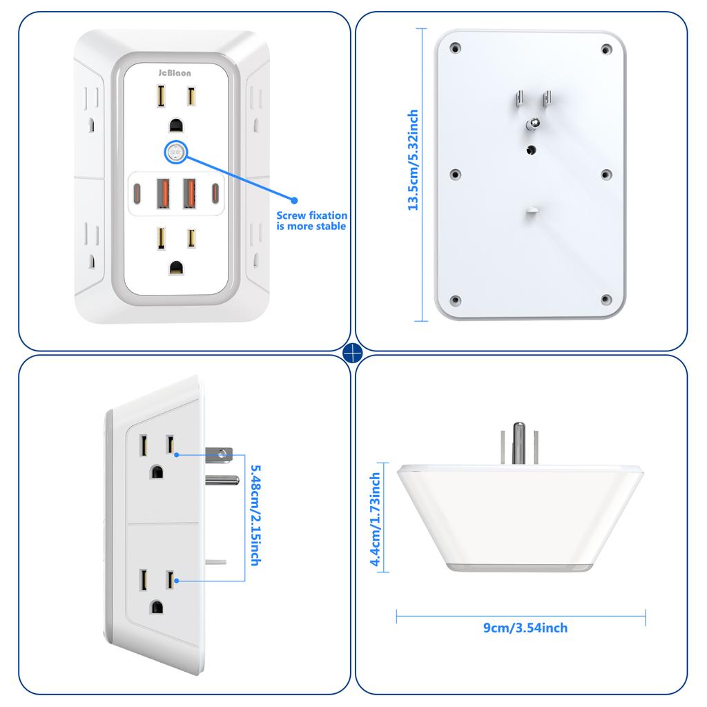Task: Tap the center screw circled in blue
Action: pyautogui.click(x=175, y=153)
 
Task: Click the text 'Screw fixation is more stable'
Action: pyautogui.click(x=311, y=221)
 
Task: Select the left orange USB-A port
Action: pyautogui.click(x=164, y=192)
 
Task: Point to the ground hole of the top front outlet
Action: pyautogui.click(x=175, y=124)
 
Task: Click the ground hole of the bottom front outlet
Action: pyautogui.click(x=175, y=267)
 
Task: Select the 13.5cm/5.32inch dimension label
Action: pyautogui.click(x=413, y=160)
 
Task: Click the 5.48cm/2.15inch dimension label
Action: pyautogui.click(x=253, y=515)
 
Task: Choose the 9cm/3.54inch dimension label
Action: pyautogui.click(x=525, y=628)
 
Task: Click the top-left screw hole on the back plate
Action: pyautogui.click(x=455, y=49)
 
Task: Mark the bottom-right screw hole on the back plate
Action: pyautogui.click(x=606, y=299)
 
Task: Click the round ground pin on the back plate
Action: pyautogui.click(x=532, y=124)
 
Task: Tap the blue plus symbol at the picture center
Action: pyautogui.click(x=353, y=353)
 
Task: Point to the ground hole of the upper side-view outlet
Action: pyautogui.click(x=157, y=473)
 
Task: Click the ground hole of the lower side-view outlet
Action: pyautogui.click(x=158, y=607)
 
